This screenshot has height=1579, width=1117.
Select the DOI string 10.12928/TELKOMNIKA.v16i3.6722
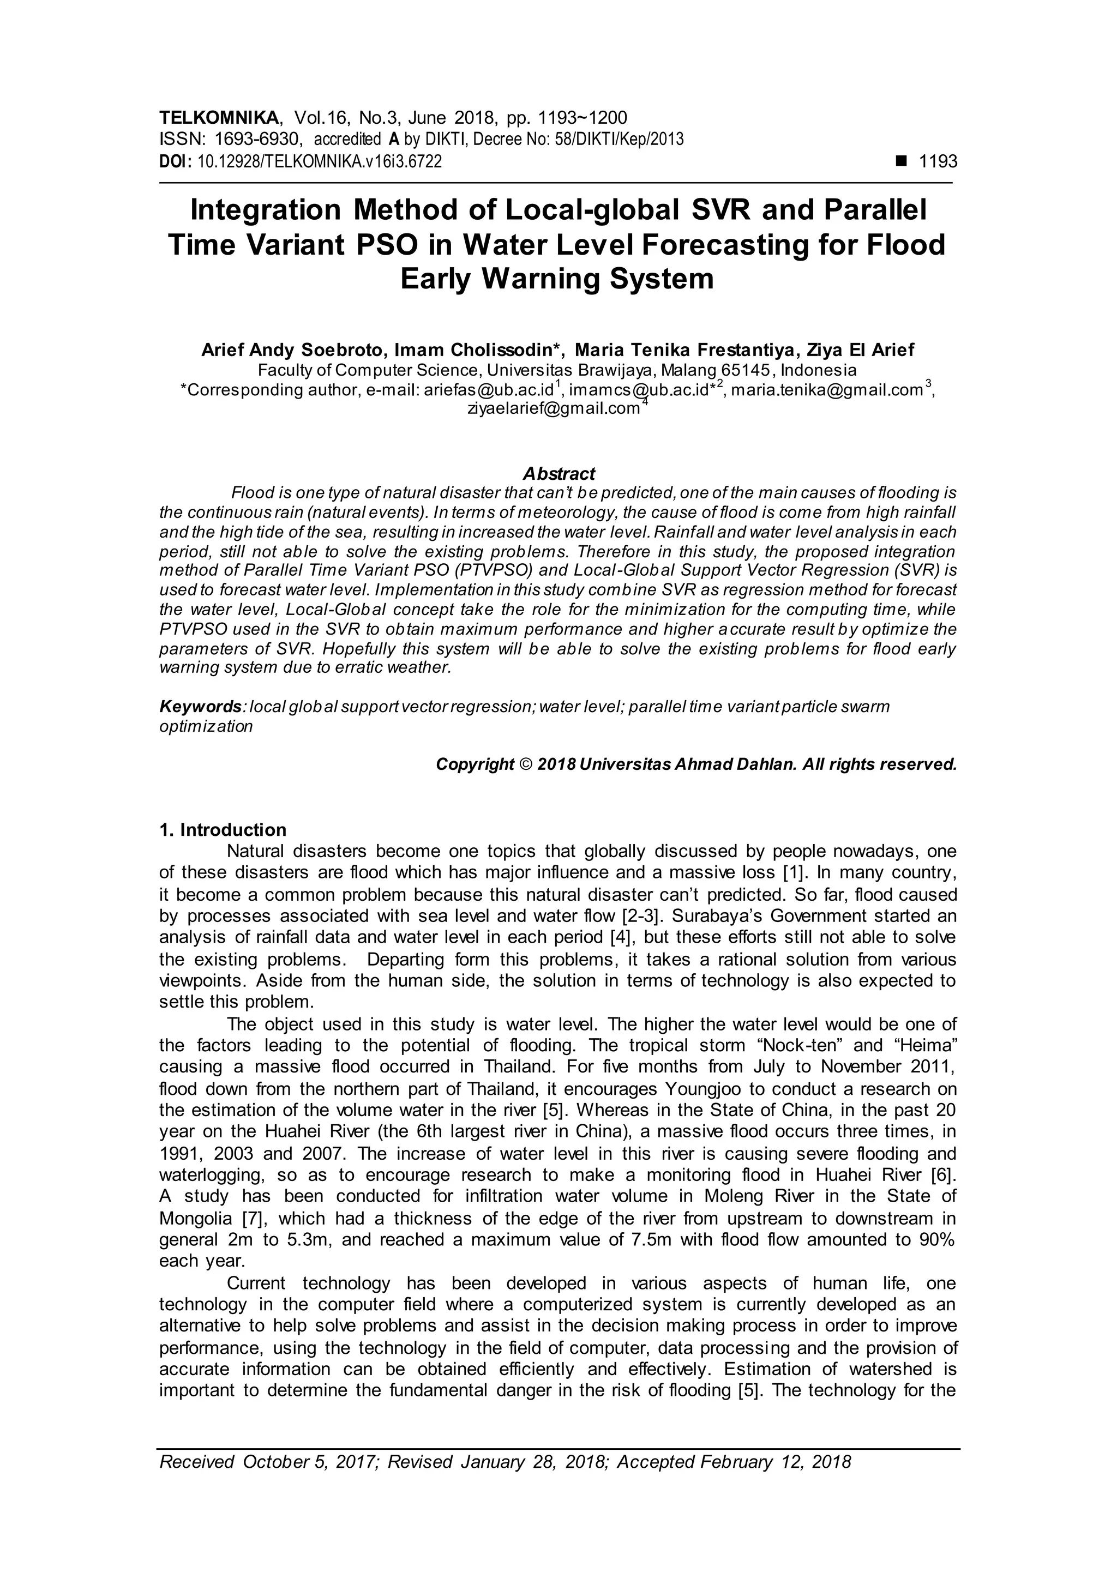click(319, 162)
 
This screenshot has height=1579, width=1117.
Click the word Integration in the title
click(265, 210)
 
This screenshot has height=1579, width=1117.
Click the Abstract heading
click(558, 473)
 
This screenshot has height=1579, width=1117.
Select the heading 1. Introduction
click(223, 829)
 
